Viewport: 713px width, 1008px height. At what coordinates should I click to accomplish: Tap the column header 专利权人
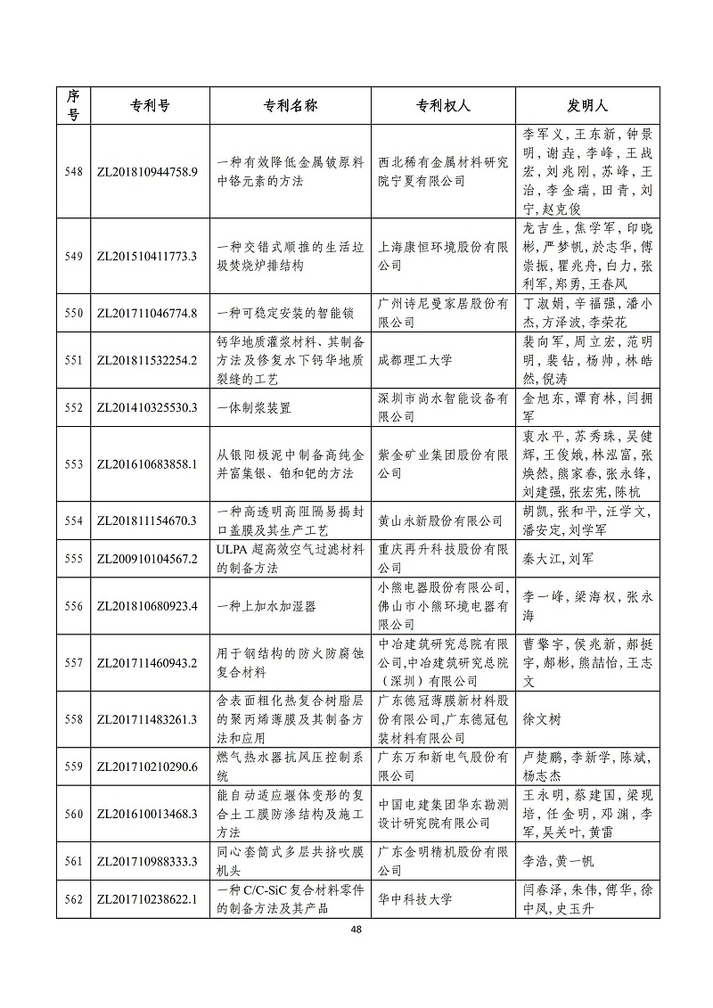click(x=443, y=105)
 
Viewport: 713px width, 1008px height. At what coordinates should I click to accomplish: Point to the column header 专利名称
click(x=291, y=105)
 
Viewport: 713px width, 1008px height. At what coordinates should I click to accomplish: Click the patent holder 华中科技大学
click(x=415, y=899)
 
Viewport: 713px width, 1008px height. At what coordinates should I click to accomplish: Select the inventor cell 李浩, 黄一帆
click(x=558, y=861)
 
